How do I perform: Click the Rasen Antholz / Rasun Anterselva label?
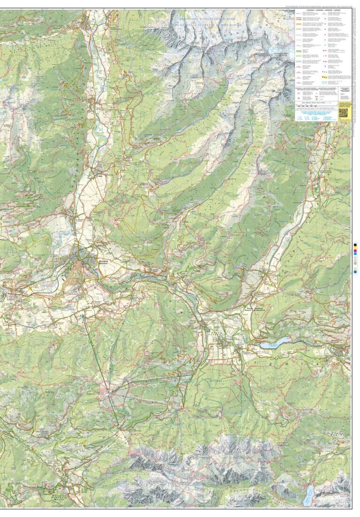[x=256, y=309]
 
